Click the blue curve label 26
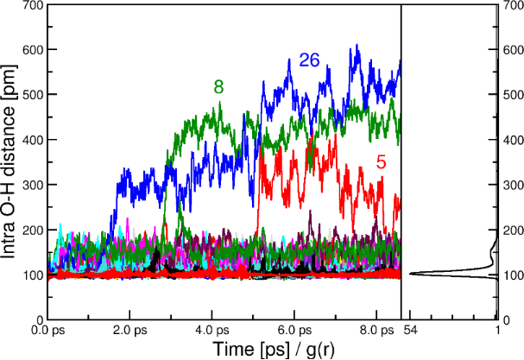pyautogui.click(x=310, y=60)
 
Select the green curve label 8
pyautogui.click(x=219, y=86)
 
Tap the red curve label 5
pyautogui.click(x=381, y=161)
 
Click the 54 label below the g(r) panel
pyautogui.click(x=410, y=331)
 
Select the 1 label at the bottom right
pyautogui.click(x=497, y=331)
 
